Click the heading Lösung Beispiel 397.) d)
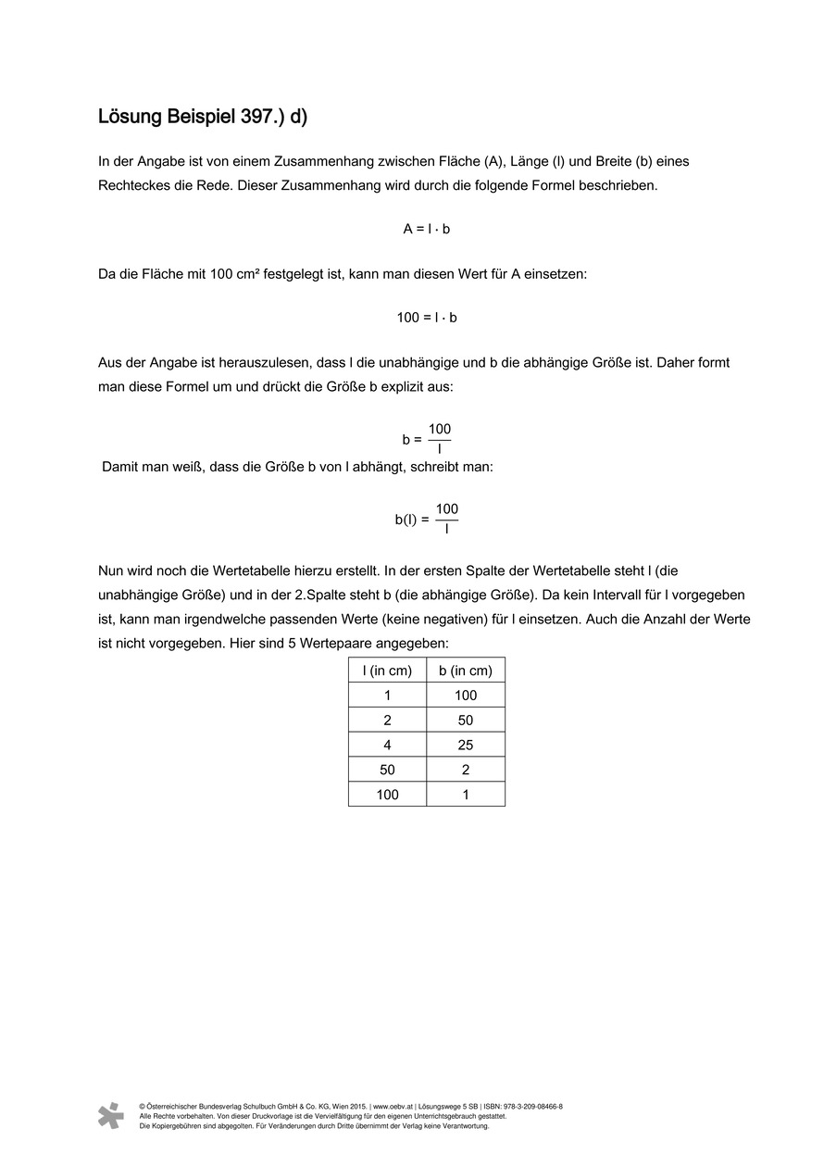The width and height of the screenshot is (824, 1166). pos(203,118)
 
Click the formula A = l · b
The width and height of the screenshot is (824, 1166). pos(426,229)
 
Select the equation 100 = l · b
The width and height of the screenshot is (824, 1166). pos(426,318)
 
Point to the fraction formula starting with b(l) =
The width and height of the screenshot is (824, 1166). pos(426,519)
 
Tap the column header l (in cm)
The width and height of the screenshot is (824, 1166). pos(387,671)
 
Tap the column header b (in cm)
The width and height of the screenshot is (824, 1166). pos(465,671)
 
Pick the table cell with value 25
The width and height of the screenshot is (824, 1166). pos(465,745)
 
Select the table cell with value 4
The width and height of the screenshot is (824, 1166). pos(387,745)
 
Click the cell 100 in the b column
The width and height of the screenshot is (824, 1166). pos(465,696)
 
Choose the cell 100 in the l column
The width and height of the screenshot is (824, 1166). pos(387,795)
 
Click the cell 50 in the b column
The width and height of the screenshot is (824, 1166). pos(465,721)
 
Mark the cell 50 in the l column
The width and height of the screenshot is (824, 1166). pos(387,770)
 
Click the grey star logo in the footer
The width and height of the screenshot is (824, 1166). pos(111,1115)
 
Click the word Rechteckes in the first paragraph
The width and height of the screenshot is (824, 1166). pos(132,185)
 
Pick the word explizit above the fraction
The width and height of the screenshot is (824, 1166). pos(409,386)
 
